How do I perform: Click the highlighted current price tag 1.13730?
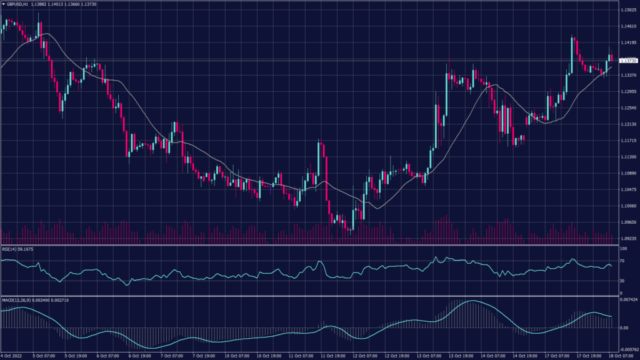point(627,61)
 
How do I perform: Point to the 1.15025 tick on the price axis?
point(627,10)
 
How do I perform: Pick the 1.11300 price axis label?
point(627,157)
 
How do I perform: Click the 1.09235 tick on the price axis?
point(627,238)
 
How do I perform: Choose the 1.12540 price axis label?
point(627,108)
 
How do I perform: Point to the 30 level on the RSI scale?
point(621,281)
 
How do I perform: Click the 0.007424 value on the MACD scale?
point(628,301)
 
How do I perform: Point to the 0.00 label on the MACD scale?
point(623,327)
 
